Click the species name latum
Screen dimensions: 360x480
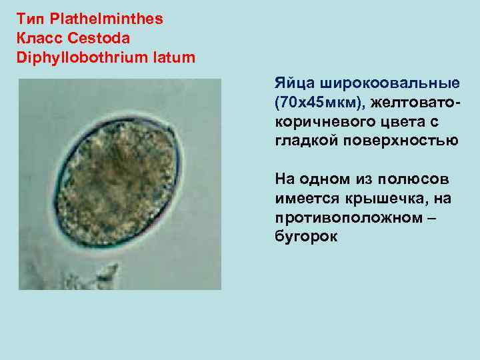coord(175,57)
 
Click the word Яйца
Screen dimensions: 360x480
coord(295,84)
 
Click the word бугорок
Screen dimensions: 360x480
coord(306,236)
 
